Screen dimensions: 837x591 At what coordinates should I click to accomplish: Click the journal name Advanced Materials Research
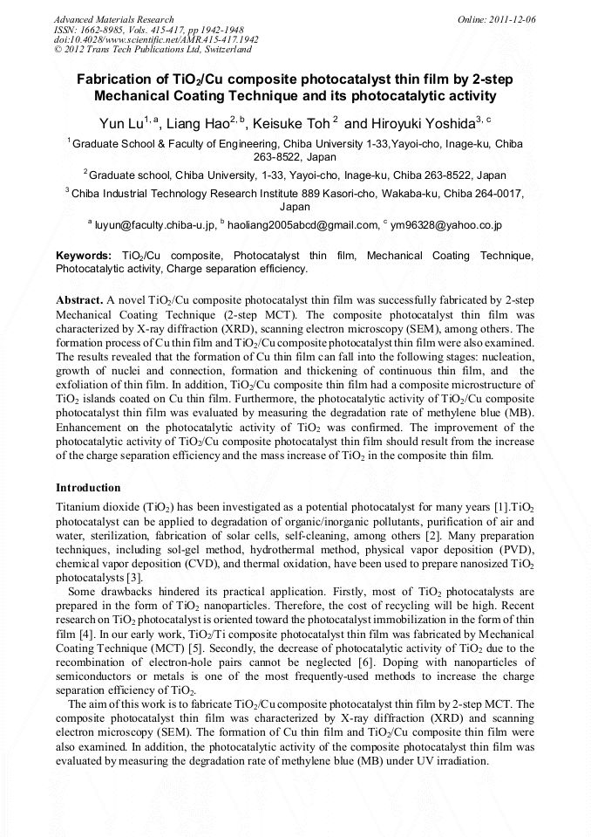tap(113, 19)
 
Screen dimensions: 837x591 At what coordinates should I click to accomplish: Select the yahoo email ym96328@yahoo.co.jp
tap(447, 225)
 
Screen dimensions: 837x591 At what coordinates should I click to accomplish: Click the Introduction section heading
tap(88, 487)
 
